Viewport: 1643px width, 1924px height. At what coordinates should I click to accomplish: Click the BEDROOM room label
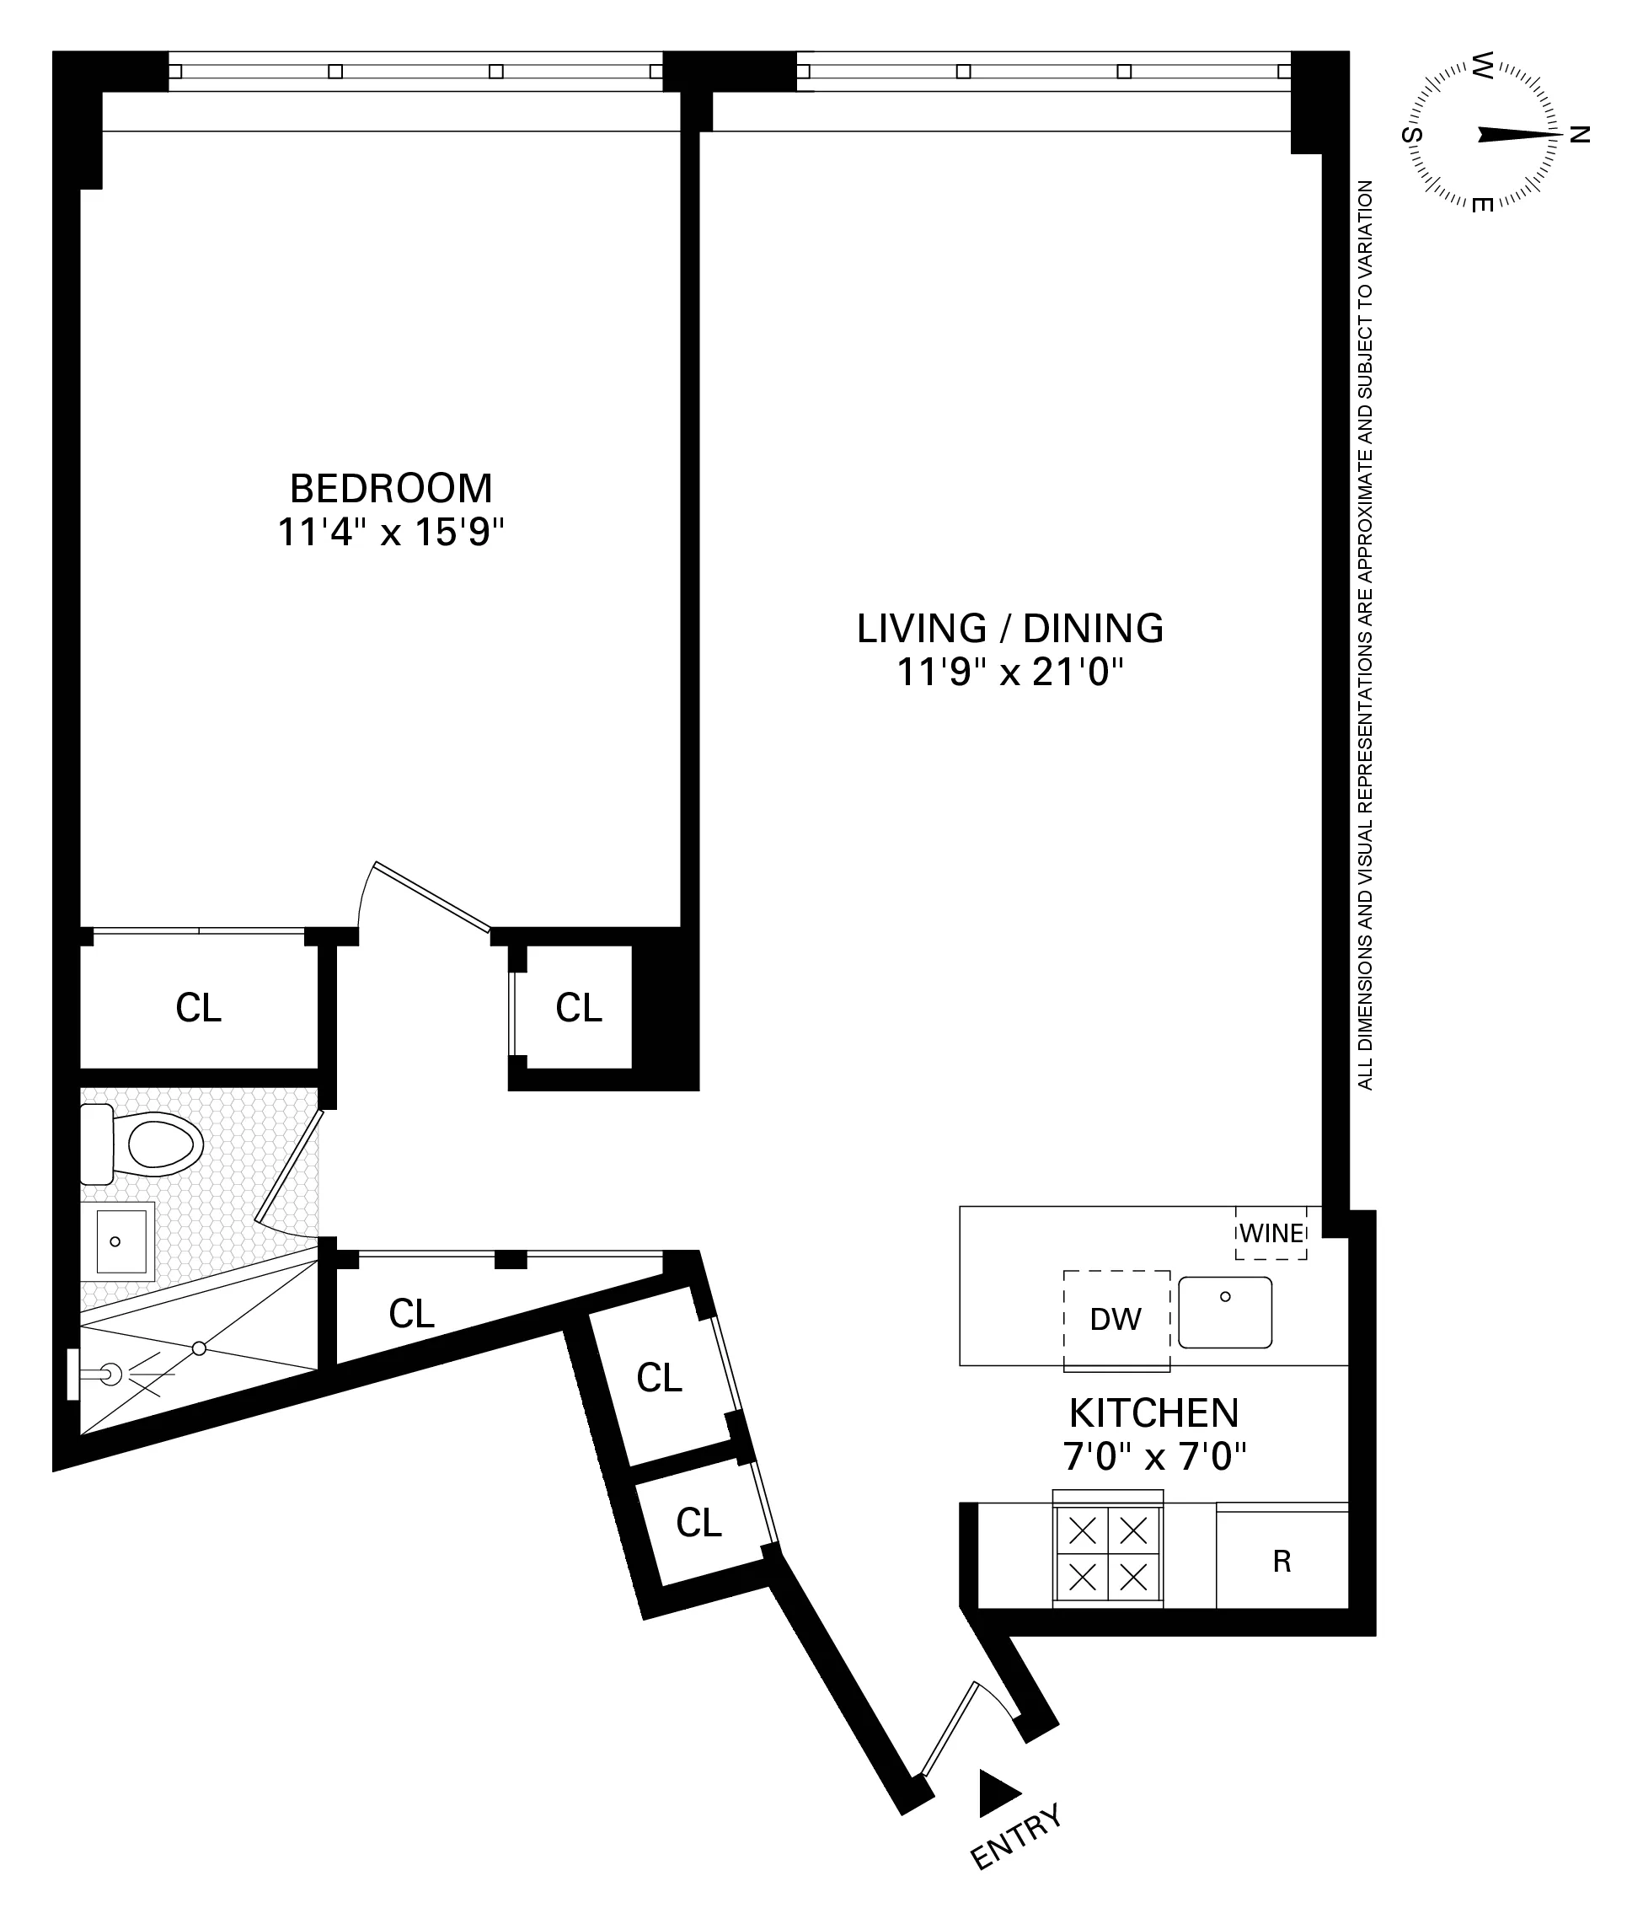pyautogui.click(x=391, y=489)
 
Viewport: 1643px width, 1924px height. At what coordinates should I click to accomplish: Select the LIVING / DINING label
pyautogui.click(x=1010, y=629)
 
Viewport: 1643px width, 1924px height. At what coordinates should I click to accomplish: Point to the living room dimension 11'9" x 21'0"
pyautogui.click(x=1010, y=672)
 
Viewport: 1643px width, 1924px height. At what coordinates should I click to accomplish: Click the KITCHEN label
pyautogui.click(x=1153, y=1413)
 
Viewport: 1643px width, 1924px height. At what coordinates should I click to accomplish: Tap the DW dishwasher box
pyautogui.click(x=1116, y=1320)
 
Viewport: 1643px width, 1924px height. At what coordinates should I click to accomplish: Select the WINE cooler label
pyautogui.click(x=1271, y=1234)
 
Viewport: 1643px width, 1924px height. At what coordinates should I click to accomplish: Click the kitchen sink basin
pyautogui.click(x=1224, y=1312)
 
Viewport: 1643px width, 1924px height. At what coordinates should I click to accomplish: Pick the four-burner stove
pyautogui.click(x=1107, y=1553)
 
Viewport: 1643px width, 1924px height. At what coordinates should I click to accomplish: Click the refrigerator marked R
pyautogui.click(x=1282, y=1562)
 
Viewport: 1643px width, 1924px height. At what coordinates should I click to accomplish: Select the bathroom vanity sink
pyautogui.click(x=120, y=1241)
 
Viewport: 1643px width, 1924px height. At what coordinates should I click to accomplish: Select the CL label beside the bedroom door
pyautogui.click(x=578, y=1007)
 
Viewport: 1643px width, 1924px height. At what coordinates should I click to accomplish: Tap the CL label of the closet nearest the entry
pyautogui.click(x=698, y=1523)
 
